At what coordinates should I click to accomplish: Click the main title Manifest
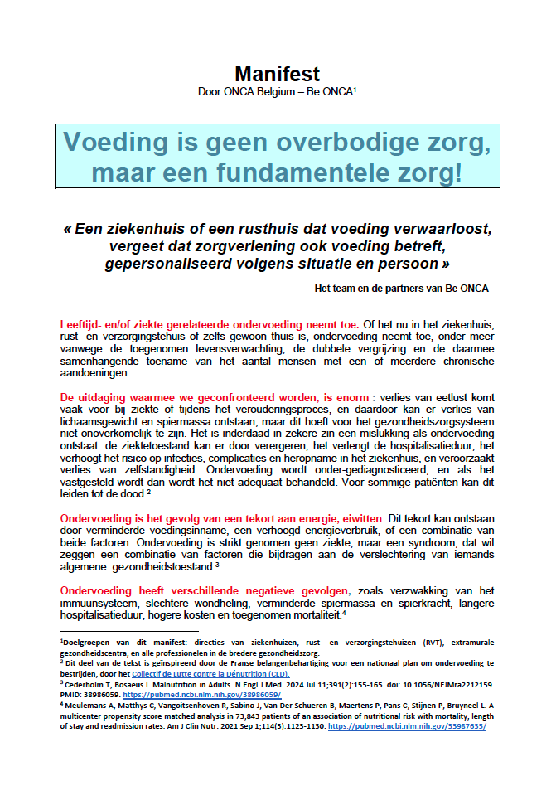pyautogui.click(x=277, y=74)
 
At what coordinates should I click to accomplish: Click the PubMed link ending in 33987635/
pyautogui.click(x=407, y=725)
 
